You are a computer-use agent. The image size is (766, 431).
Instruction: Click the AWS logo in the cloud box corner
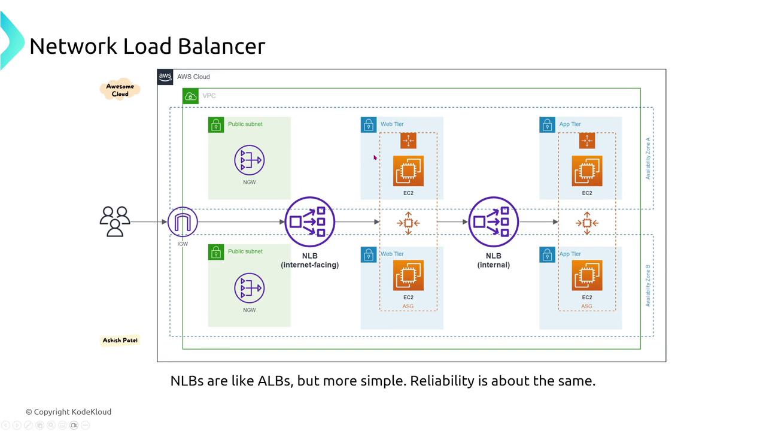[165, 77]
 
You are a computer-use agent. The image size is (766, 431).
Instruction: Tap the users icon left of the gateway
[115, 221]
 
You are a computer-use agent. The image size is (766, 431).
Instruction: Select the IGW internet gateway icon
[183, 222]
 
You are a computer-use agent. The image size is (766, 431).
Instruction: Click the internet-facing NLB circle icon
[310, 222]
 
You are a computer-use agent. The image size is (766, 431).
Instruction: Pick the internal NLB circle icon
[494, 222]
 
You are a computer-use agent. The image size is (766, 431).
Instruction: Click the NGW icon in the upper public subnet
[250, 160]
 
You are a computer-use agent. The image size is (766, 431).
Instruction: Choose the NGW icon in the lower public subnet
[250, 288]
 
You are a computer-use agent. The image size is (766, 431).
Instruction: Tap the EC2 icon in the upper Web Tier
[408, 171]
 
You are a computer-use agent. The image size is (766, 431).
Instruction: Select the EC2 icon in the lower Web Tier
[408, 275]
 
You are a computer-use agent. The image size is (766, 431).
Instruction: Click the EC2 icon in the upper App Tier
[586, 171]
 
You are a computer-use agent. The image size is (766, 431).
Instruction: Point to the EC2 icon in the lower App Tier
[586, 275]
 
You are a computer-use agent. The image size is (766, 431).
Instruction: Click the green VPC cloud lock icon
[190, 96]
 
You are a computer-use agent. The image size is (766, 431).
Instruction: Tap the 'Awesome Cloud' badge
[120, 90]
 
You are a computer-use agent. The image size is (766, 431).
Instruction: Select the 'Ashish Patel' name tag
[120, 340]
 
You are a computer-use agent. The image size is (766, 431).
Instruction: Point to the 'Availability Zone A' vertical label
[648, 158]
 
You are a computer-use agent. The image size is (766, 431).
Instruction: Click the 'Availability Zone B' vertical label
[648, 285]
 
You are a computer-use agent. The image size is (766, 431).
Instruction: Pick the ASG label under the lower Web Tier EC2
[408, 306]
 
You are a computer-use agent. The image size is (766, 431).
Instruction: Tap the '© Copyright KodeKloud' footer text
[68, 412]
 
